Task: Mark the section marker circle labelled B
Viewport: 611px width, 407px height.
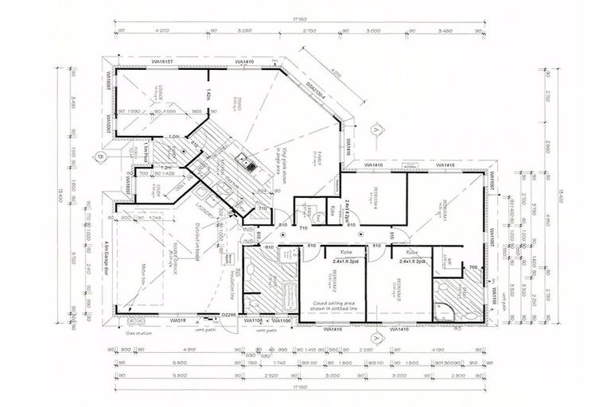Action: coord(100,157)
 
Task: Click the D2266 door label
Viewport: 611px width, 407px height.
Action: coord(230,316)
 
